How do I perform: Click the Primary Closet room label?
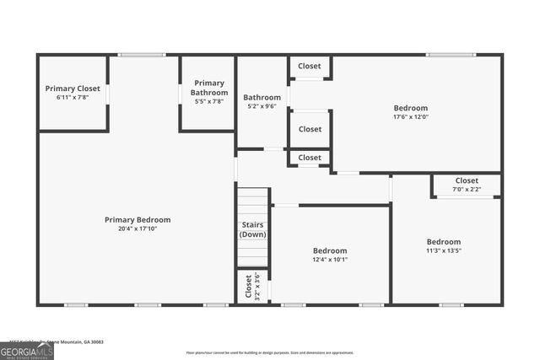tap(73, 89)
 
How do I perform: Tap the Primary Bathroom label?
tap(208, 88)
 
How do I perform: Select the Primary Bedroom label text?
tap(138, 220)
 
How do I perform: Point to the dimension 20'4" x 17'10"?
tap(138, 228)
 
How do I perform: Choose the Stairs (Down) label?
tap(252, 230)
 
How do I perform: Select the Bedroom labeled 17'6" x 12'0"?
tap(411, 108)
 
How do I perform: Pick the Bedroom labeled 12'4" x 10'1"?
tap(330, 250)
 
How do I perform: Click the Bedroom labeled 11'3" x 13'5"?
tap(443, 242)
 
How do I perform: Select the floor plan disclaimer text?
tap(271, 352)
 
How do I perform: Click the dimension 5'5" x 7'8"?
tap(208, 101)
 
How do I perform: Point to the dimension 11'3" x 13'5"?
tap(443, 250)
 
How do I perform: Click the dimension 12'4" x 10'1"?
tap(330, 260)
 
